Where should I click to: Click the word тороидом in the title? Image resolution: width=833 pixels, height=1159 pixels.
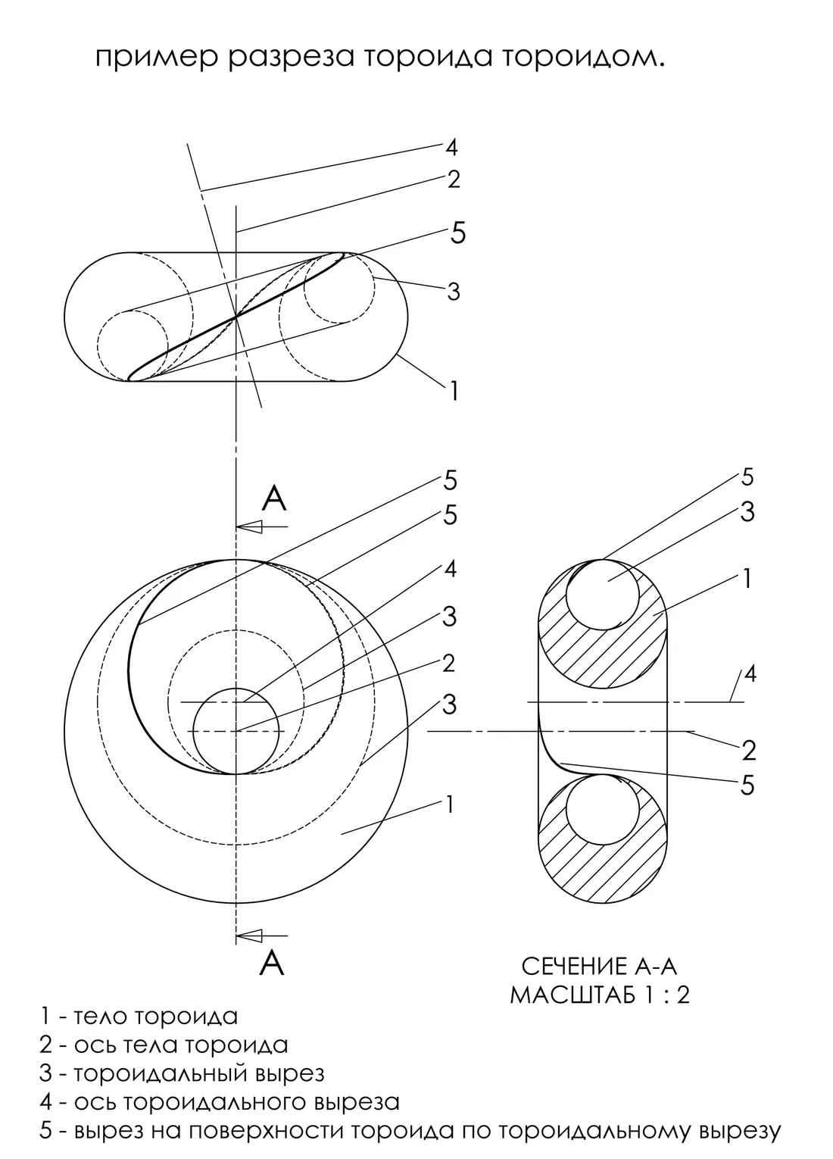(583, 58)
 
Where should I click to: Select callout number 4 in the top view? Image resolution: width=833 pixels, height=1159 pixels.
(451, 148)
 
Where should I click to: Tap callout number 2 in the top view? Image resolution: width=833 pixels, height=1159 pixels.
(454, 180)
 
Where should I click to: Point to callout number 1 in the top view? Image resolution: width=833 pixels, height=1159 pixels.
(454, 391)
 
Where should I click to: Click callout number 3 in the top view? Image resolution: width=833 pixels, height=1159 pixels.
(454, 292)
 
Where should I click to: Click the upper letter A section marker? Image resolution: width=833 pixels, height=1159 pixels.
(273, 498)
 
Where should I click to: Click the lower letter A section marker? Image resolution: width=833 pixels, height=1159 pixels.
(272, 963)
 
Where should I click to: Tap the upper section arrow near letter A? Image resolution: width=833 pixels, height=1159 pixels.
(262, 527)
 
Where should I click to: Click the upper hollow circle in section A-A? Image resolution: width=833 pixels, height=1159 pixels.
(602, 595)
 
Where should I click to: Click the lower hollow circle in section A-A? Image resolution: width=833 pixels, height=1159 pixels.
(602, 810)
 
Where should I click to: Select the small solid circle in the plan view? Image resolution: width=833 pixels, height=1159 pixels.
(236, 730)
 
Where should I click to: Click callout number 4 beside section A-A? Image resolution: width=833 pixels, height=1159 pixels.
(750, 675)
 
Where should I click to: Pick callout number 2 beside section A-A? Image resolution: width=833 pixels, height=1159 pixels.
(749, 751)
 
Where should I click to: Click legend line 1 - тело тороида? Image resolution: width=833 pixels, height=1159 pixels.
(139, 1016)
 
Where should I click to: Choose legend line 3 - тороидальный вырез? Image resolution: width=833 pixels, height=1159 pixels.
(182, 1073)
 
